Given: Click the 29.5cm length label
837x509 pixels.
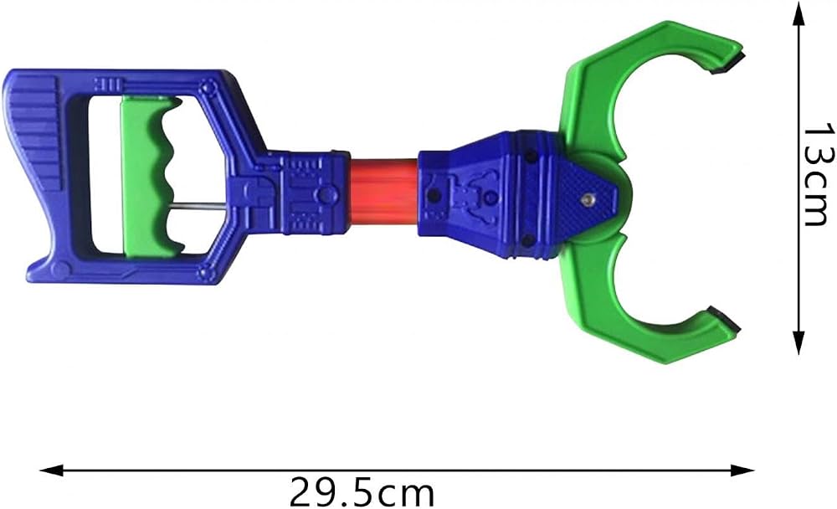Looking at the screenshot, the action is [x=362, y=492].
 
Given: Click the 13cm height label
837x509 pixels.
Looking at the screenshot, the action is [x=819, y=175].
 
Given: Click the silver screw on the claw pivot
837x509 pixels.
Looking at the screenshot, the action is [x=588, y=199].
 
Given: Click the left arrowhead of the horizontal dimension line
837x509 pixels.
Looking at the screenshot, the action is [x=52, y=470].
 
